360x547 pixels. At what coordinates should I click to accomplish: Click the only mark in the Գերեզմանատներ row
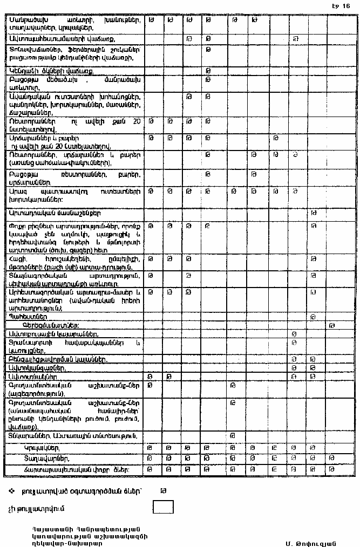point(332,325)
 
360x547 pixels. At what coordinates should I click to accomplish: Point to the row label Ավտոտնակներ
point(30,376)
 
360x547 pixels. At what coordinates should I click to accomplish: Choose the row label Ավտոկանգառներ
point(37,367)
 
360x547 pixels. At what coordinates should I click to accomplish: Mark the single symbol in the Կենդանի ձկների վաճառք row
point(208,71)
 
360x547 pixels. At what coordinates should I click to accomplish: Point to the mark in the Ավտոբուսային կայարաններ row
point(295,334)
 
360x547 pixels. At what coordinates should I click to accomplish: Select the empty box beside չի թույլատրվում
point(164,507)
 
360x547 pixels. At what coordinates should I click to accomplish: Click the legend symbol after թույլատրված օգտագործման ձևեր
point(163,490)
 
